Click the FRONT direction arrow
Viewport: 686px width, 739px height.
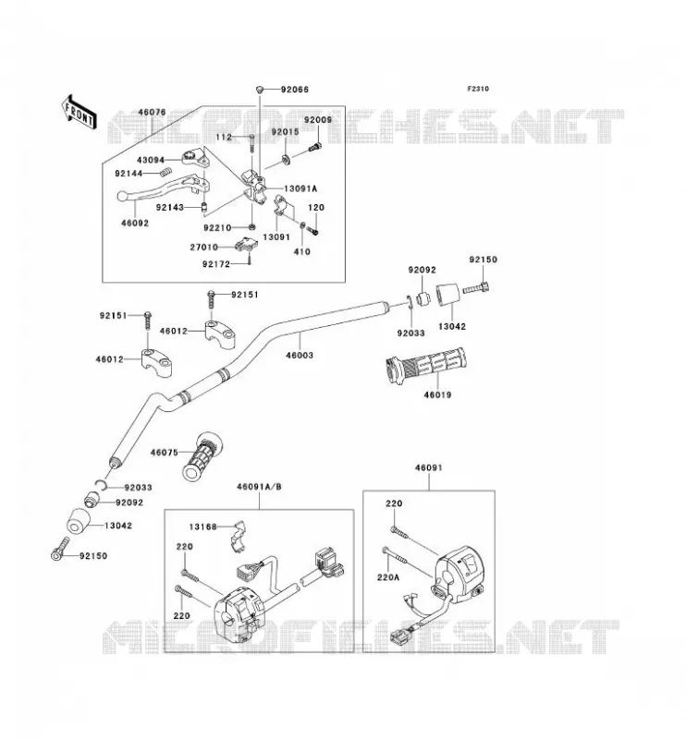click(80, 112)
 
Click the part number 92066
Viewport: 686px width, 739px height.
click(294, 90)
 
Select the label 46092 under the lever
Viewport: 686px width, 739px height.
click(135, 223)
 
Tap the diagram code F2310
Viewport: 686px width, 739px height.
click(478, 89)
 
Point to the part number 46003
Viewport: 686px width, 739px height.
click(300, 355)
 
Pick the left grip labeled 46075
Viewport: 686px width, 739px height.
click(202, 456)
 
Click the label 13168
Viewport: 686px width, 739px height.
click(202, 527)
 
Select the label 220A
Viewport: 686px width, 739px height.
click(388, 576)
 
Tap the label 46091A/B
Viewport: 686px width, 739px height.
click(259, 487)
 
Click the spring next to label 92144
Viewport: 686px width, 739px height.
click(165, 172)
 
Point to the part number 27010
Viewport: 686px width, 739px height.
click(204, 247)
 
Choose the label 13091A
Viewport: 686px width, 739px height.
click(300, 189)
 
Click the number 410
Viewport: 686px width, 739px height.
click(302, 251)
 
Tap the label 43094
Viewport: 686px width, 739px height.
click(151, 160)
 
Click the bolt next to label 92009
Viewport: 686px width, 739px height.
click(314, 148)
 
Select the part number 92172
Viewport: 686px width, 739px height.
click(216, 264)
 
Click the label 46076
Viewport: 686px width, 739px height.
click(152, 112)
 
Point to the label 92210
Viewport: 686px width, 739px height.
click(217, 227)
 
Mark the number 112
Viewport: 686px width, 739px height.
click(224, 137)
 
